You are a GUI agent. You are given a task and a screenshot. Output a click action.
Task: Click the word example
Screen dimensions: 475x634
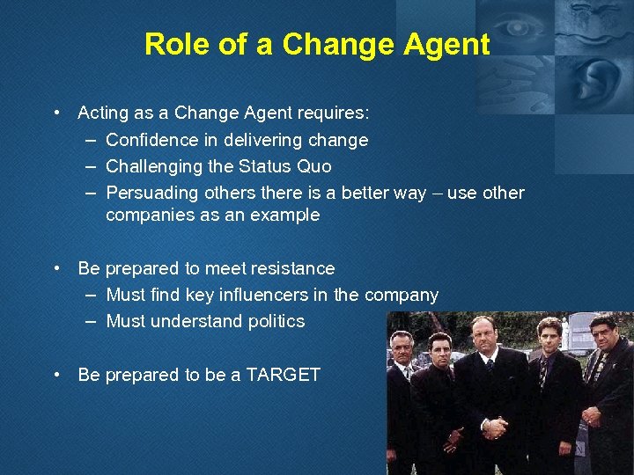point(285,215)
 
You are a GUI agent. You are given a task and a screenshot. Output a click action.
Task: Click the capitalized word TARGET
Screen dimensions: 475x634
point(283,375)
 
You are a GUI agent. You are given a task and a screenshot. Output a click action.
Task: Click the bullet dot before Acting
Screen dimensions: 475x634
point(56,113)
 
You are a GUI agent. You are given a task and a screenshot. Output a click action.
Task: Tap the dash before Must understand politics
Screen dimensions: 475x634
point(92,321)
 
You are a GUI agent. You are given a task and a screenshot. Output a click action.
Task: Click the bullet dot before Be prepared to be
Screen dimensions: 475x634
point(56,375)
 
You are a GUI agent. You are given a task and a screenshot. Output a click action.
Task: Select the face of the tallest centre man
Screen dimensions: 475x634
point(485,335)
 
